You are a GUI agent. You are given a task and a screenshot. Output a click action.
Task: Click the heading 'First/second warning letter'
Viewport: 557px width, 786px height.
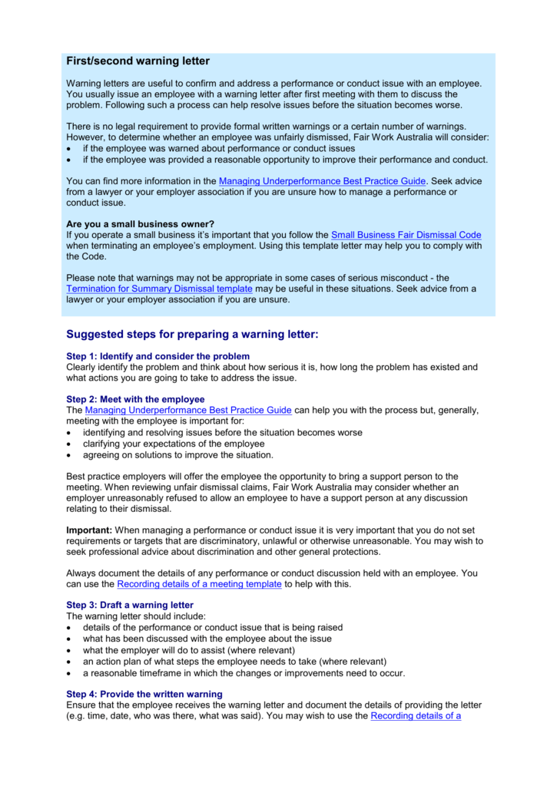(138, 61)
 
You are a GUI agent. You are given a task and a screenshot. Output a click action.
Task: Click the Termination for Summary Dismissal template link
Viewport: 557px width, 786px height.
(159, 289)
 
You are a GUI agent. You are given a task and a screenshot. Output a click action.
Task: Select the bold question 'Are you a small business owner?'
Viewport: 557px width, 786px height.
(140, 224)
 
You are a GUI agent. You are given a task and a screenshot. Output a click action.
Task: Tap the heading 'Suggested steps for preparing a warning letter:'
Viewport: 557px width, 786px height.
(191, 335)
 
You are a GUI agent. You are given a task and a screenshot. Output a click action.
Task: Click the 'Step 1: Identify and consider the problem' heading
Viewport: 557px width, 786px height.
(157, 356)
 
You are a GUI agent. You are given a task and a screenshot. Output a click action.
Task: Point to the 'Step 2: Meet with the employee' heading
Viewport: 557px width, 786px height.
(135, 399)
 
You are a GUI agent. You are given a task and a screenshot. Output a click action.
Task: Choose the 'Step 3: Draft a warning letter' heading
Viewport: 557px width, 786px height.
(130, 605)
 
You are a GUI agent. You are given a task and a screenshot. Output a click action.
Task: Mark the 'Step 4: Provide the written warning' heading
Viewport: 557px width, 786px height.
(144, 694)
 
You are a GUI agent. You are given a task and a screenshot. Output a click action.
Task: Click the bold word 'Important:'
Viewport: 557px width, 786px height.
(89, 530)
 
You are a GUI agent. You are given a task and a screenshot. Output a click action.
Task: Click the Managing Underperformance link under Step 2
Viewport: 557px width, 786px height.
(188, 410)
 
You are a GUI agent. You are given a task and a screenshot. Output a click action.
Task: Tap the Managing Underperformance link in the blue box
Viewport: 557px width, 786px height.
(322, 181)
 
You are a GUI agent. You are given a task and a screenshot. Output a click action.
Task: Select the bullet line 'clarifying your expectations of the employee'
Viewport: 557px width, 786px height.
(174, 444)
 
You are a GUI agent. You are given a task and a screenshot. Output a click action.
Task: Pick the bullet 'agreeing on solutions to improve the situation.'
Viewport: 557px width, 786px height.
(177, 454)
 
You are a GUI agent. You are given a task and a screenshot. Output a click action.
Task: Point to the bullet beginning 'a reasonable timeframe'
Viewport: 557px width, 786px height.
(244, 672)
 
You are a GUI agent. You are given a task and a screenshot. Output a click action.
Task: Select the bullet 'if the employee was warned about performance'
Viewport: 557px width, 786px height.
(218, 148)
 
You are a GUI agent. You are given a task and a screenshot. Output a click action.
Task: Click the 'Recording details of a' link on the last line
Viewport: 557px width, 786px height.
(416, 715)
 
